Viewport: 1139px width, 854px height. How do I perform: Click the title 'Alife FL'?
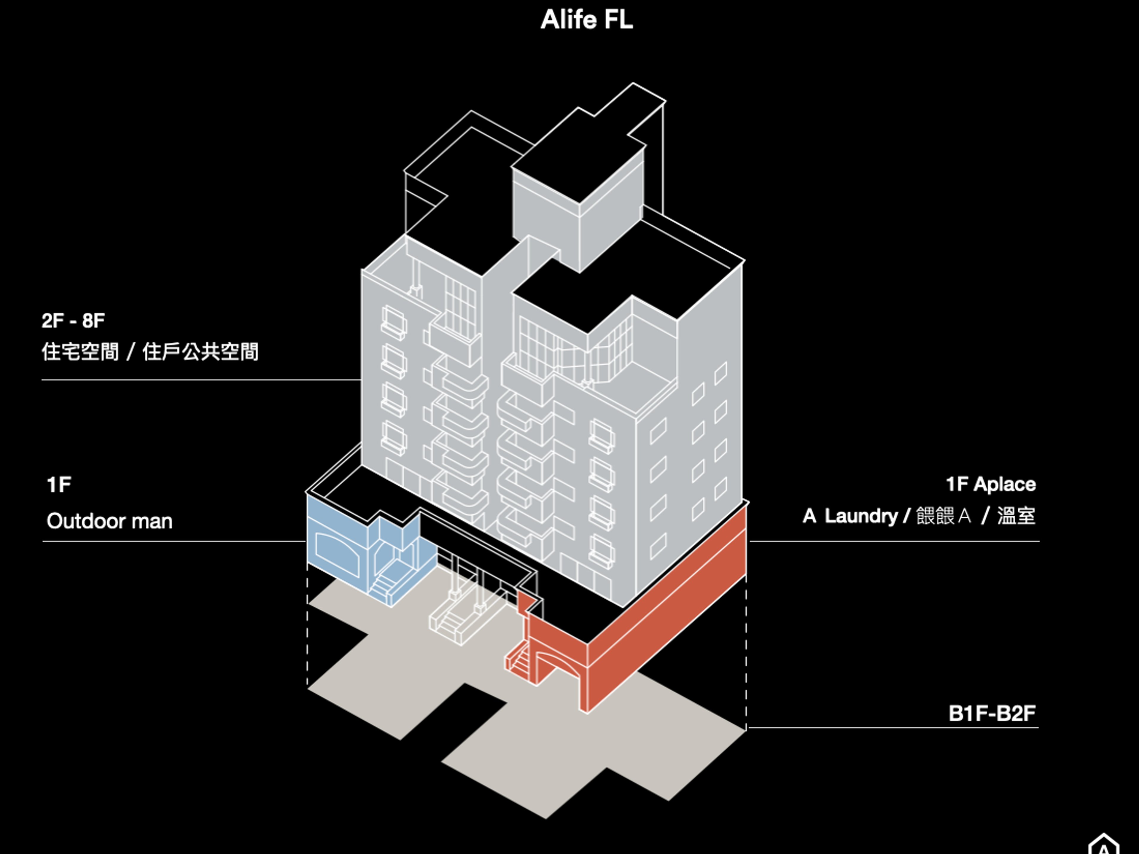click(x=586, y=20)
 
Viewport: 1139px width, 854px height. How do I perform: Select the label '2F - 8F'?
click(x=73, y=321)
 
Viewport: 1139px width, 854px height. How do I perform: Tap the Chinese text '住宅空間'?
click(x=80, y=352)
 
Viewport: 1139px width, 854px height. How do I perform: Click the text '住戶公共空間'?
click(x=200, y=352)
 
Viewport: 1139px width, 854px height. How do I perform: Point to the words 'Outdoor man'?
click(x=110, y=521)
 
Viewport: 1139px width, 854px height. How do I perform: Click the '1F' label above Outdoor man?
click(x=59, y=485)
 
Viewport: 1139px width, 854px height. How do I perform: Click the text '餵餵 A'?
click(x=943, y=516)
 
